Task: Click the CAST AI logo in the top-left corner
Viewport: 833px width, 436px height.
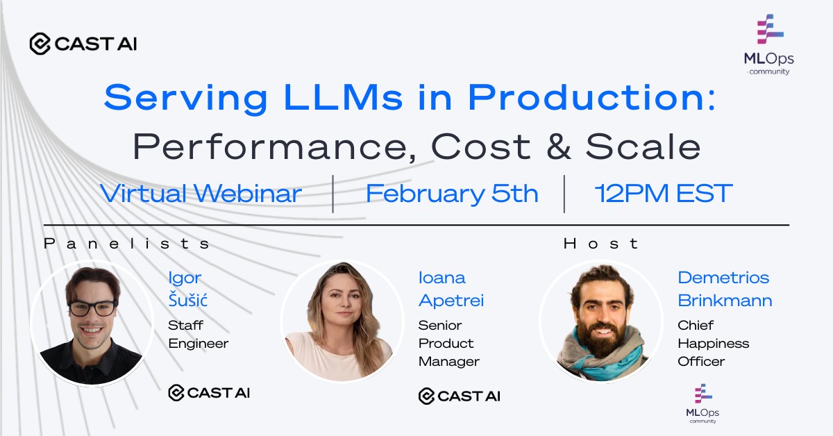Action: (x=83, y=44)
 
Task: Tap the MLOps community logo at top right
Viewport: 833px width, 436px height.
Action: (x=768, y=46)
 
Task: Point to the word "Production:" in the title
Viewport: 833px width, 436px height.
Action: (x=591, y=99)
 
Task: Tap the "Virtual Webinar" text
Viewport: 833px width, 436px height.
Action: (x=201, y=194)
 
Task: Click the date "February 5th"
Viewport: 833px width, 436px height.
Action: (x=452, y=194)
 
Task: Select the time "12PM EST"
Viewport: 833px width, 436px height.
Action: (x=664, y=194)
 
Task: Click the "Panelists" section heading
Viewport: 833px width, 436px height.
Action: (x=126, y=244)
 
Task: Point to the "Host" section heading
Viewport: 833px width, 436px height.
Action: (x=601, y=244)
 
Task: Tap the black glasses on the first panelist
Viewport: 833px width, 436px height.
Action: (x=92, y=308)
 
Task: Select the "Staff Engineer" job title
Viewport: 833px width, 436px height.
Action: (x=197, y=334)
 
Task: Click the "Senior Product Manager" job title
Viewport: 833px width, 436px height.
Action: (x=448, y=343)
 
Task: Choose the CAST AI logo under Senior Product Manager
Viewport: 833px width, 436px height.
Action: (x=459, y=396)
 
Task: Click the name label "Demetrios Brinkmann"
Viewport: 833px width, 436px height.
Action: (x=724, y=289)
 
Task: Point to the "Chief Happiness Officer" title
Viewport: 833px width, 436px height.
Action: (x=713, y=343)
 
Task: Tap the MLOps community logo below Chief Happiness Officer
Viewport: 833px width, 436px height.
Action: (x=702, y=403)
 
